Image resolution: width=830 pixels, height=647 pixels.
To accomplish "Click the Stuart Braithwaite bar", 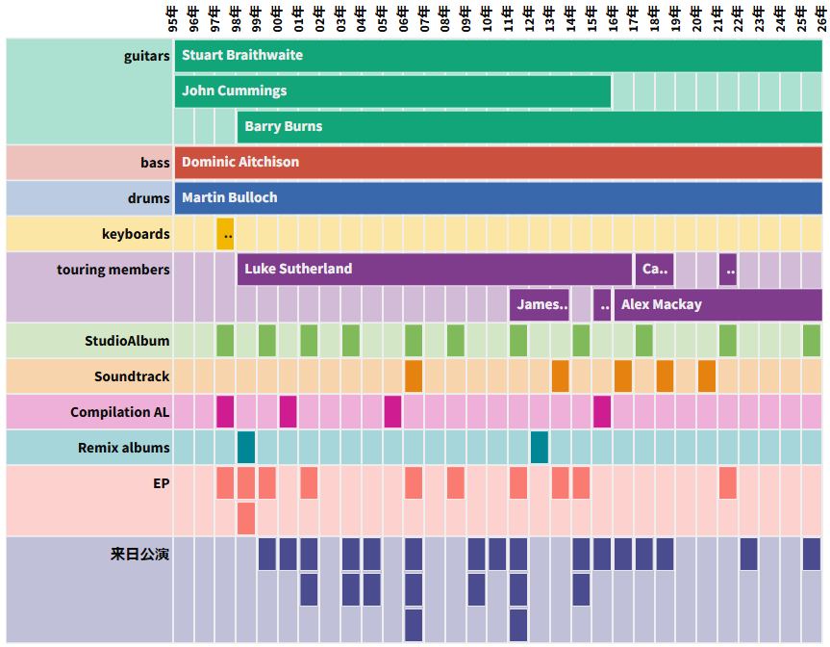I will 498,55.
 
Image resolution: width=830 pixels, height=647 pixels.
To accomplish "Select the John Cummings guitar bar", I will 392,91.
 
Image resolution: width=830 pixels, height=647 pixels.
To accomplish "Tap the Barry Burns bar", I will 529,126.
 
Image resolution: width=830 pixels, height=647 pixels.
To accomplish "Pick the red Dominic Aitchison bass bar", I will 498,162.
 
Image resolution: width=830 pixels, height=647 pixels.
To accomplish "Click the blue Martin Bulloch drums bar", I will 498,197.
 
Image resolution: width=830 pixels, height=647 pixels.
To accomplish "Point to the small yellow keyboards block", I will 225,234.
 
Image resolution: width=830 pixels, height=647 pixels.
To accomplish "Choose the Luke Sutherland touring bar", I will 434,269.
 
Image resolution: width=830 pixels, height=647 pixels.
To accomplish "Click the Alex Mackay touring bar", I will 717,304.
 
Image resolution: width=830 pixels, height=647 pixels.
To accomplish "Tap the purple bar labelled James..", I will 540,304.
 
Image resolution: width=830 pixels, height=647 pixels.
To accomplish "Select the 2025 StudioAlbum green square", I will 812,340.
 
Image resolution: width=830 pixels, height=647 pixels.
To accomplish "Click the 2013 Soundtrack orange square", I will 560,375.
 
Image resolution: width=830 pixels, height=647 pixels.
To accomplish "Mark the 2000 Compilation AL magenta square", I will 288,411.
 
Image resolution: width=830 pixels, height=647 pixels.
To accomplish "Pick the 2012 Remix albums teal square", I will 540,447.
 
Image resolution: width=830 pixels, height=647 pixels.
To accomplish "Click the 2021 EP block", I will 728,482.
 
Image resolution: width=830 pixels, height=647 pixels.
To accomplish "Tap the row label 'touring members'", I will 113,270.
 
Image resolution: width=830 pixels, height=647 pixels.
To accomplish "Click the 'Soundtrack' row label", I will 132,376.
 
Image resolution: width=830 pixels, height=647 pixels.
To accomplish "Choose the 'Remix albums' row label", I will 124,448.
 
